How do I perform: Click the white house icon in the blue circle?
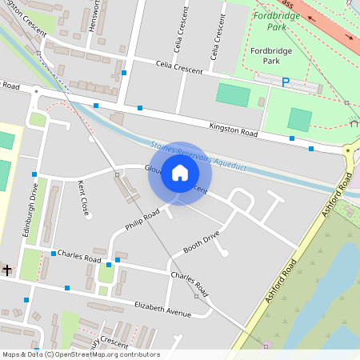[x=180, y=173]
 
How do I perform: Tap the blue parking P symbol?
[x=286, y=82]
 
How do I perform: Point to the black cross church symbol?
[x=6, y=270]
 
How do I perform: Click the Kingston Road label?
[x=234, y=128]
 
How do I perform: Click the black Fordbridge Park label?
[x=265, y=55]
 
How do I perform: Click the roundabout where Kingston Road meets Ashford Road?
[x=350, y=150]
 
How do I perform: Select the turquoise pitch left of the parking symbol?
[x=233, y=94]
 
